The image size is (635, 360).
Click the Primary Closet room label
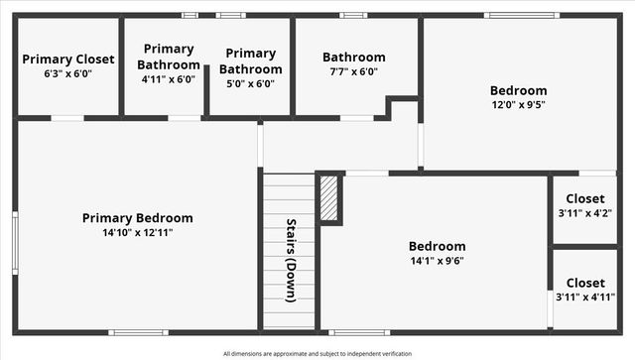(x=68, y=60)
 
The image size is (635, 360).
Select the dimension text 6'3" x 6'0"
(x=68, y=74)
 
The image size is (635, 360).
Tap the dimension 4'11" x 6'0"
(x=168, y=79)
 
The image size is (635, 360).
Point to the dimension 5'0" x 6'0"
(x=250, y=83)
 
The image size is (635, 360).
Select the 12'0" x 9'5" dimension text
(x=518, y=104)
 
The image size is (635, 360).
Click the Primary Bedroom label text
(x=137, y=218)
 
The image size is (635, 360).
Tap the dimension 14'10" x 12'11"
(x=137, y=233)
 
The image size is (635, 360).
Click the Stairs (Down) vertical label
(x=292, y=259)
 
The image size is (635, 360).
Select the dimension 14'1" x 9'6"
(x=437, y=261)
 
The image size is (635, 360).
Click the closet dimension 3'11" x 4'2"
(x=584, y=212)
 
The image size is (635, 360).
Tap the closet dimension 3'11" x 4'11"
(x=584, y=297)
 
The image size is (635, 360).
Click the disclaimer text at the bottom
(x=317, y=353)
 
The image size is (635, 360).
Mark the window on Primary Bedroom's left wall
(x=15, y=241)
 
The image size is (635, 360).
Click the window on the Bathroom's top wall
(x=353, y=15)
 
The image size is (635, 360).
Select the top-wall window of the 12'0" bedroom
(x=521, y=15)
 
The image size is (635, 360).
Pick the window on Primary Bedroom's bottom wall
(x=138, y=332)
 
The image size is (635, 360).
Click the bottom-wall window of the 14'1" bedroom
(x=359, y=332)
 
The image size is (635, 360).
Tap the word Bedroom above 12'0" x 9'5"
(x=518, y=90)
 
